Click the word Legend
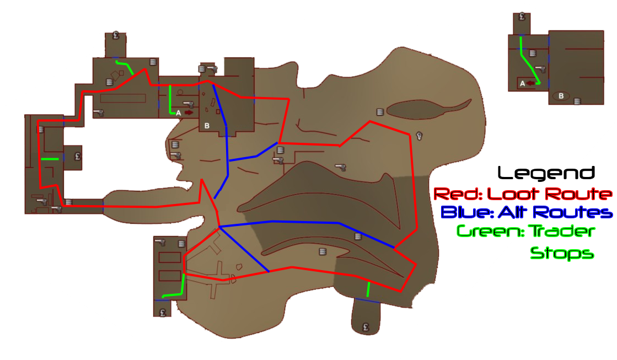(546, 173)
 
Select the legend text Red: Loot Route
(523, 194)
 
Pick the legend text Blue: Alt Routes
(527, 212)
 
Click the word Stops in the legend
(562, 252)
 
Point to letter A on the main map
(178, 113)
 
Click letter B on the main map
(207, 126)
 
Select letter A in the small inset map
(522, 83)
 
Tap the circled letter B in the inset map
(561, 95)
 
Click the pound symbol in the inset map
(522, 17)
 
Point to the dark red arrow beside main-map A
(189, 112)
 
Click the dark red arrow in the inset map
(531, 83)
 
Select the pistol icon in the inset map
(541, 69)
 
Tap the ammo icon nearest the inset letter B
(577, 101)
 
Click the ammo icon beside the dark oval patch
(380, 112)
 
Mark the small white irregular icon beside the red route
(420, 136)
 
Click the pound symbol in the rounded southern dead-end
(366, 327)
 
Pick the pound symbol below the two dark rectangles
(163, 313)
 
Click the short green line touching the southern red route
(368, 289)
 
